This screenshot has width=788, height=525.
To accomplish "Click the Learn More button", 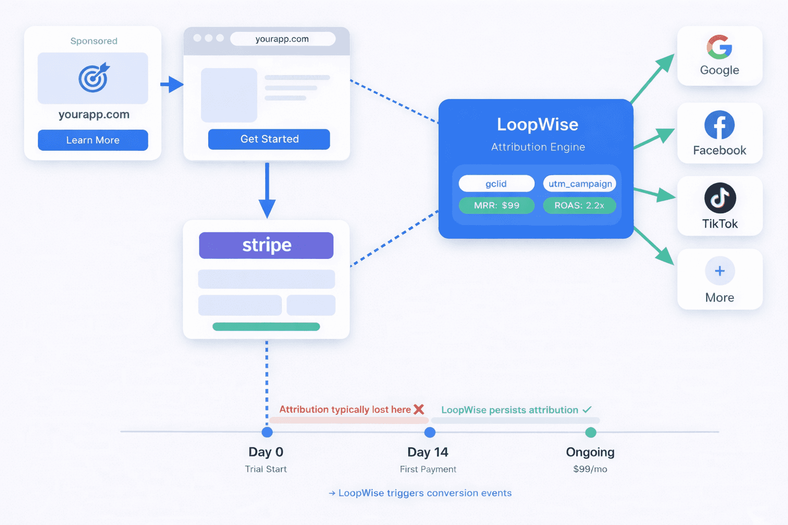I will pos(93,140).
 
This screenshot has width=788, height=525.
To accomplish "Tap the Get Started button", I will pos(269,139).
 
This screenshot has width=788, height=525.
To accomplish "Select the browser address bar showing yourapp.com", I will pos(283,39).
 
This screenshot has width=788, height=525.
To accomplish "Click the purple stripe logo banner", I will pos(266,245).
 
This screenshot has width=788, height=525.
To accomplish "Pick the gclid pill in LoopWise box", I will pos(496,184).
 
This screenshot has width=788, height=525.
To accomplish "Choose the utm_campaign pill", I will pos(580,184).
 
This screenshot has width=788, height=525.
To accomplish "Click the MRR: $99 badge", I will pos(496,206).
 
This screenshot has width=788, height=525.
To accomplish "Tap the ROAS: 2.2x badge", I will pos(579,206).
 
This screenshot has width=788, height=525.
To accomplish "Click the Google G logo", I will pos(719,47).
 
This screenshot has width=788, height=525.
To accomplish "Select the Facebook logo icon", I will pos(719,125).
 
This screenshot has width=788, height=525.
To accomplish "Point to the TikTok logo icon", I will pos(720,198).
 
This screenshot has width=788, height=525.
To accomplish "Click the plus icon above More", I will pos(720,271).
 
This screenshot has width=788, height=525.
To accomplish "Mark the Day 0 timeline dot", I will pos(267,432).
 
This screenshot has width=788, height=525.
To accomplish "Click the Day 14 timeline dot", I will pos(430,432).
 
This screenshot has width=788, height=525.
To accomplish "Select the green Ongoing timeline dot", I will pos(590,432).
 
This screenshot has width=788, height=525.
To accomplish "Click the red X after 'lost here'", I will pos(419,409).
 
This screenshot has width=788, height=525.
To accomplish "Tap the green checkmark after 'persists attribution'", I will pos(587,409).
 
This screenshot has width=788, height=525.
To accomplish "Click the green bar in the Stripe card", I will pos(266,327).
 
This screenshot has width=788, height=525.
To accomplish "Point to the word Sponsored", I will pos(94,41).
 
